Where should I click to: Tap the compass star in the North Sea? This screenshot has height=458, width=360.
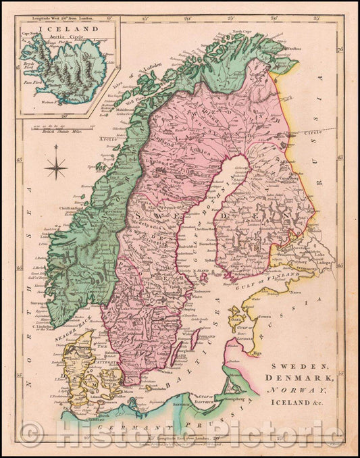pyautogui.click(x=56, y=167)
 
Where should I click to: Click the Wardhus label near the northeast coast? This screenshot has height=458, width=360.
pyautogui.click(x=290, y=49)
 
